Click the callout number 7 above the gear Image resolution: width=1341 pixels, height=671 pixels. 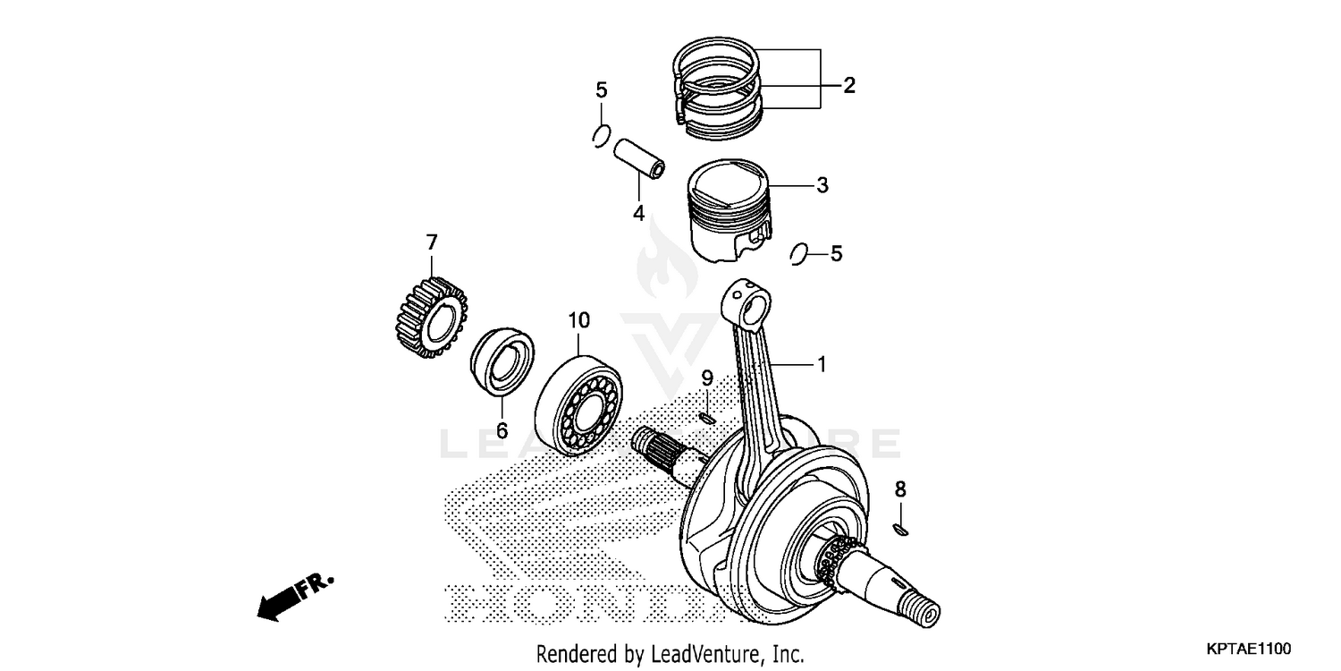coord(432,242)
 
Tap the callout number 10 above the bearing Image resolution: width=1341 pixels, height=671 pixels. coord(578,319)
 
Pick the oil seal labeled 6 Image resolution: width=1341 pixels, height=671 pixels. coord(502,362)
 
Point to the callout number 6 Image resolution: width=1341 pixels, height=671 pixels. coord(502,430)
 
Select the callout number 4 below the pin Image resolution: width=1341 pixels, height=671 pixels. coord(638,213)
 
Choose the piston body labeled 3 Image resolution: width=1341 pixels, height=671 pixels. coord(728,209)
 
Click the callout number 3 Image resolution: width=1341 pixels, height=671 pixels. coord(822,186)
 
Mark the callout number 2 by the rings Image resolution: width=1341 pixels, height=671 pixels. coord(848,86)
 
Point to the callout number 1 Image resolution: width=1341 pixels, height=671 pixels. coord(821,364)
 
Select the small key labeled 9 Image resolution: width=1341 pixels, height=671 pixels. coord(706,416)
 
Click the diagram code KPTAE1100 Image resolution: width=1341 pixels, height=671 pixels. coord(1250,648)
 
